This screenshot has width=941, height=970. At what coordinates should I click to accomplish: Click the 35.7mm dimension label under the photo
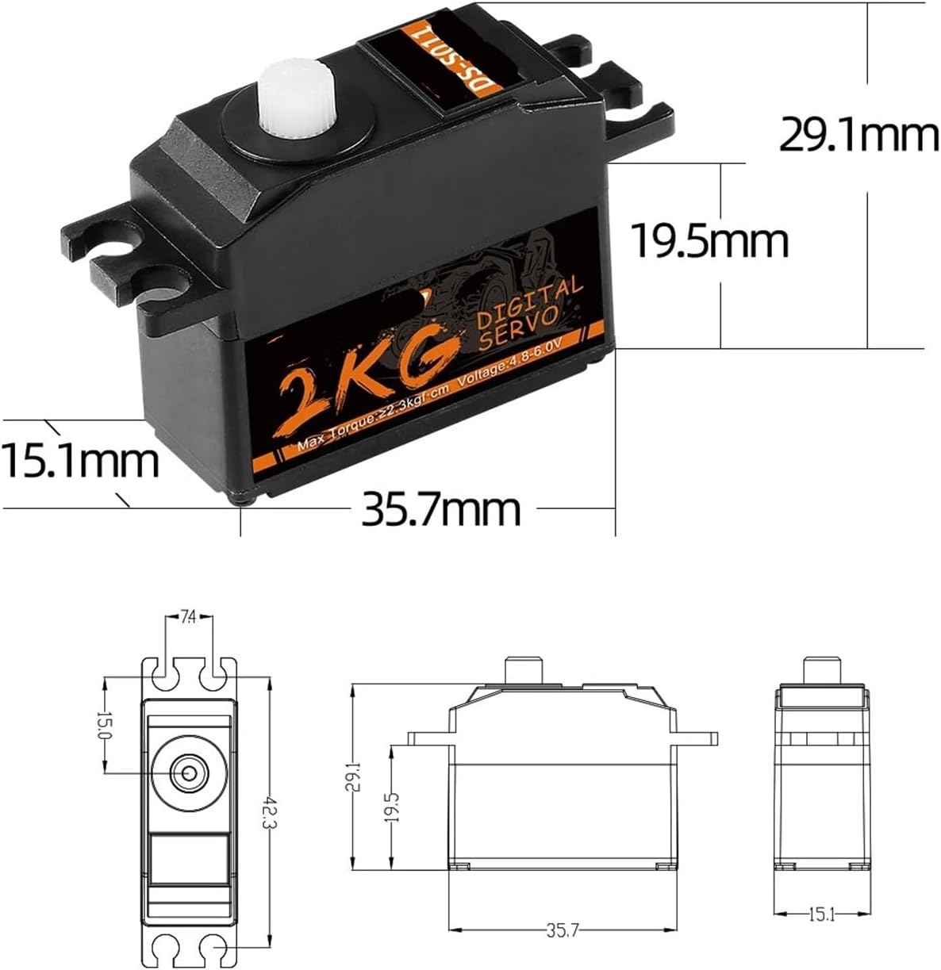tap(441, 508)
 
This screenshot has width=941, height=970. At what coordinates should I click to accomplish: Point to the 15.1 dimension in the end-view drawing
tap(820, 914)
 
